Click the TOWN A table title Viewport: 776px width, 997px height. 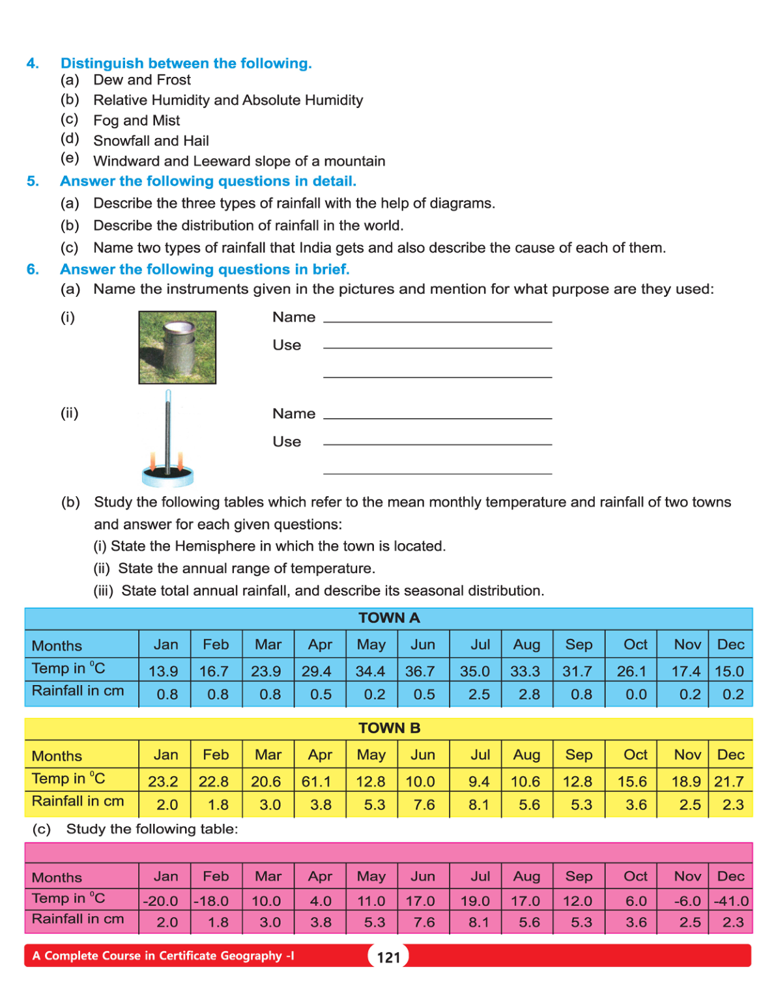tap(388, 618)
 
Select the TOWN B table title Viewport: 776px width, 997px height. tap(388, 728)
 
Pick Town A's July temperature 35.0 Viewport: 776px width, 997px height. tap(475, 671)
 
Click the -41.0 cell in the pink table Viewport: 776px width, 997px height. tap(731, 901)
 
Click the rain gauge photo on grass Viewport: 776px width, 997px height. tap(177, 347)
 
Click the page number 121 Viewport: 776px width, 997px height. tap(388, 957)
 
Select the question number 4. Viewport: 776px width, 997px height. tap(33, 63)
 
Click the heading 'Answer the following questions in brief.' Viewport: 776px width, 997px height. tap(205, 270)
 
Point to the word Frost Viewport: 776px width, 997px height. tap(173, 80)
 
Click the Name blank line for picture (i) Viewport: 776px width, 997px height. tap(437, 320)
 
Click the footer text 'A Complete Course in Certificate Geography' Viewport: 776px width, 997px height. tap(163, 956)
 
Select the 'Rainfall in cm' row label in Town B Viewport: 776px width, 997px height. tap(78, 802)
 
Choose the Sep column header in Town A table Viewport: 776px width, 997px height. tap(579, 645)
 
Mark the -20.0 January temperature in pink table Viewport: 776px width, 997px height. tap(160, 901)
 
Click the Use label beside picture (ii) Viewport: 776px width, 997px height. tap(287, 442)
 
